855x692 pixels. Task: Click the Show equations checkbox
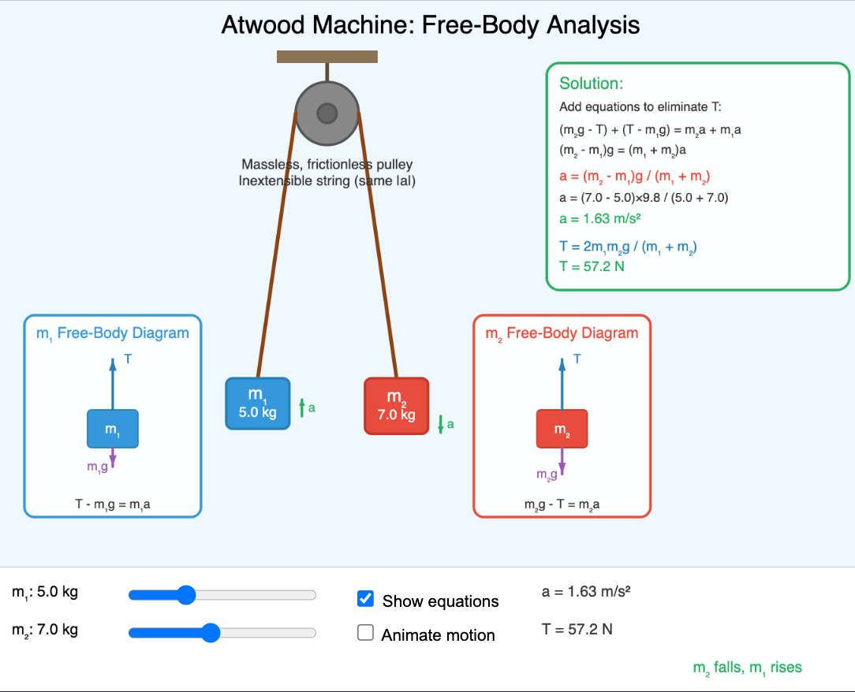pos(365,599)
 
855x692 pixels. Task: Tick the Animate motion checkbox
pos(365,633)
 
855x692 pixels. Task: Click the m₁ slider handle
pos(186,595)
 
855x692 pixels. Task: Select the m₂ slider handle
pos(211,632)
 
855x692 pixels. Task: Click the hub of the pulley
pos(327,114)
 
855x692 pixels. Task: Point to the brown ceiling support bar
pos(327,57)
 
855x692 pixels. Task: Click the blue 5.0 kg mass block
pos(257,404)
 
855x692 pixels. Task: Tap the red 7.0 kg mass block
pos(396,406)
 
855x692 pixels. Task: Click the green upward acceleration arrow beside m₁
pos(301,407)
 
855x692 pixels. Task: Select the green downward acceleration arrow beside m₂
pos(441,424)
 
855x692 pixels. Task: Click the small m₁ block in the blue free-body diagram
pos(113,430)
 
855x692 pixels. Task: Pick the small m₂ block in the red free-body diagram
pos(562,430)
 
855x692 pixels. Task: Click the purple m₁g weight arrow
pos(113,458)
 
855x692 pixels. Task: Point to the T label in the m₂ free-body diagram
pos(577,359)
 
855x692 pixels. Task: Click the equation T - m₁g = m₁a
pos(113,504)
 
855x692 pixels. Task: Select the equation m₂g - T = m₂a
pos(562,504)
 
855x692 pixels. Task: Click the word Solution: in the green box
pos(592,84)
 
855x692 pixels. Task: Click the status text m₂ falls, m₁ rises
pos(747,668)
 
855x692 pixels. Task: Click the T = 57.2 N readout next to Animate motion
pos(577,629)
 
